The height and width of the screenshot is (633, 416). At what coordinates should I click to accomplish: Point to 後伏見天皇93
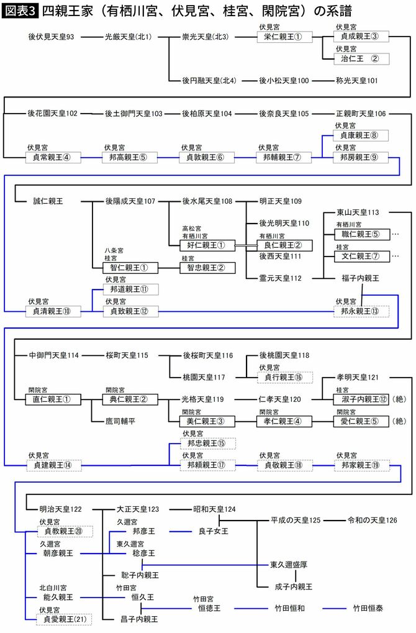pyautogui.click(x=51, y=37)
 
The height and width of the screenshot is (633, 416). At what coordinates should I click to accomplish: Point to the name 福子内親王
pyautogui.click(x=360, y=278)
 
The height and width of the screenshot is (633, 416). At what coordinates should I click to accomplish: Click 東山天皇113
pyautogui.click(x=358, y=212)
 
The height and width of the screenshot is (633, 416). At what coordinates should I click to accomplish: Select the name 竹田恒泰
pyautogui.click(x=368, y=608)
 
